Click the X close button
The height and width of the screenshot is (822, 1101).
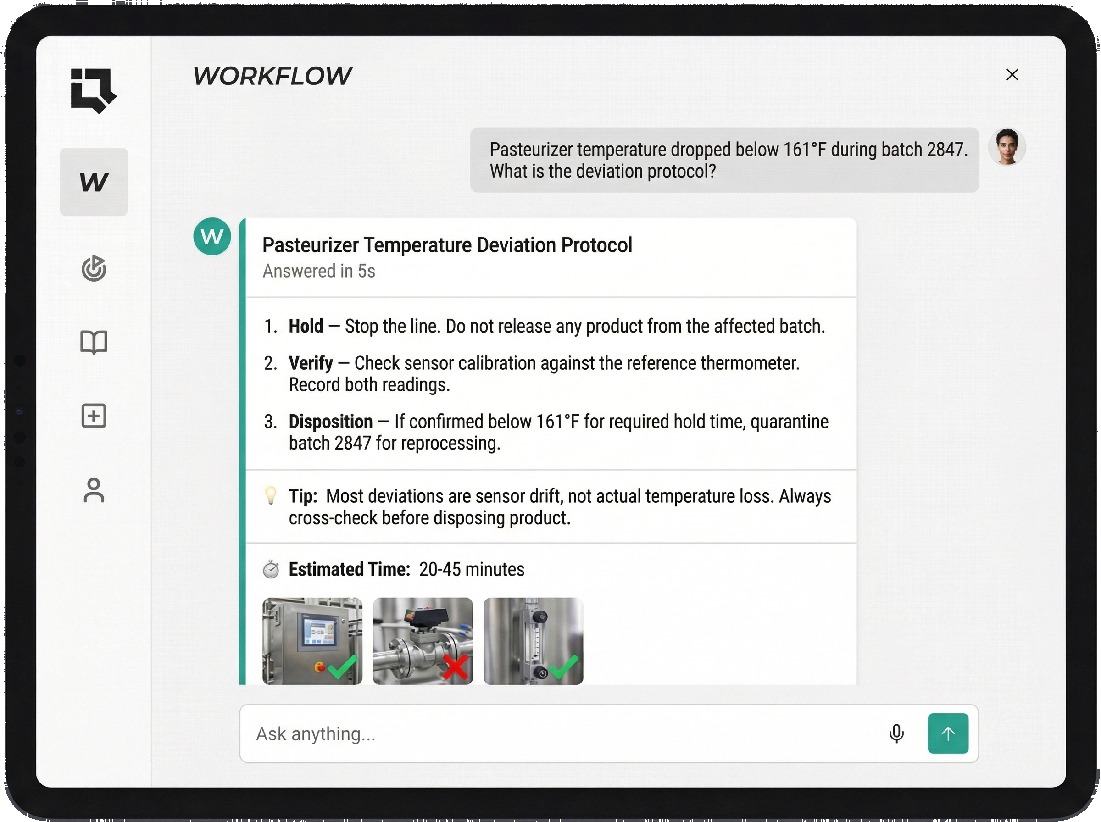(1012, 75)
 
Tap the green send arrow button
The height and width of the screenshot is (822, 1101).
(948, 733)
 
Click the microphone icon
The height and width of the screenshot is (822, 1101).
(896, 733)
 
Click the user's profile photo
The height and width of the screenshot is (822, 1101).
(1007, 147)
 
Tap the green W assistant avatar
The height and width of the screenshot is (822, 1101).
(212, 236)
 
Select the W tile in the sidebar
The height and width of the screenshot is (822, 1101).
(94, 182)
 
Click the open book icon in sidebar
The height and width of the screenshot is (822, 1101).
(94, 342)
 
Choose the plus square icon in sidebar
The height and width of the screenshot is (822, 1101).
(94, 416)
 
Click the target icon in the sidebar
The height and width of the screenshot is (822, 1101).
(94, 269)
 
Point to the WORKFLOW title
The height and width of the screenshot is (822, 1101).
(272, 76)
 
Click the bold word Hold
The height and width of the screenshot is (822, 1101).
(306, 327)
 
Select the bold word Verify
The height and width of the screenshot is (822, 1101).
(311, 363)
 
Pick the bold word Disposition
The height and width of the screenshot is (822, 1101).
(330, 422)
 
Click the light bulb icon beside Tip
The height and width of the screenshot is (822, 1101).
(271, 495)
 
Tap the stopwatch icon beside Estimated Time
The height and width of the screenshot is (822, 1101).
(271, 569)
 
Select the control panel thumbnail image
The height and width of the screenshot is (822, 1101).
(312, 641)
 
